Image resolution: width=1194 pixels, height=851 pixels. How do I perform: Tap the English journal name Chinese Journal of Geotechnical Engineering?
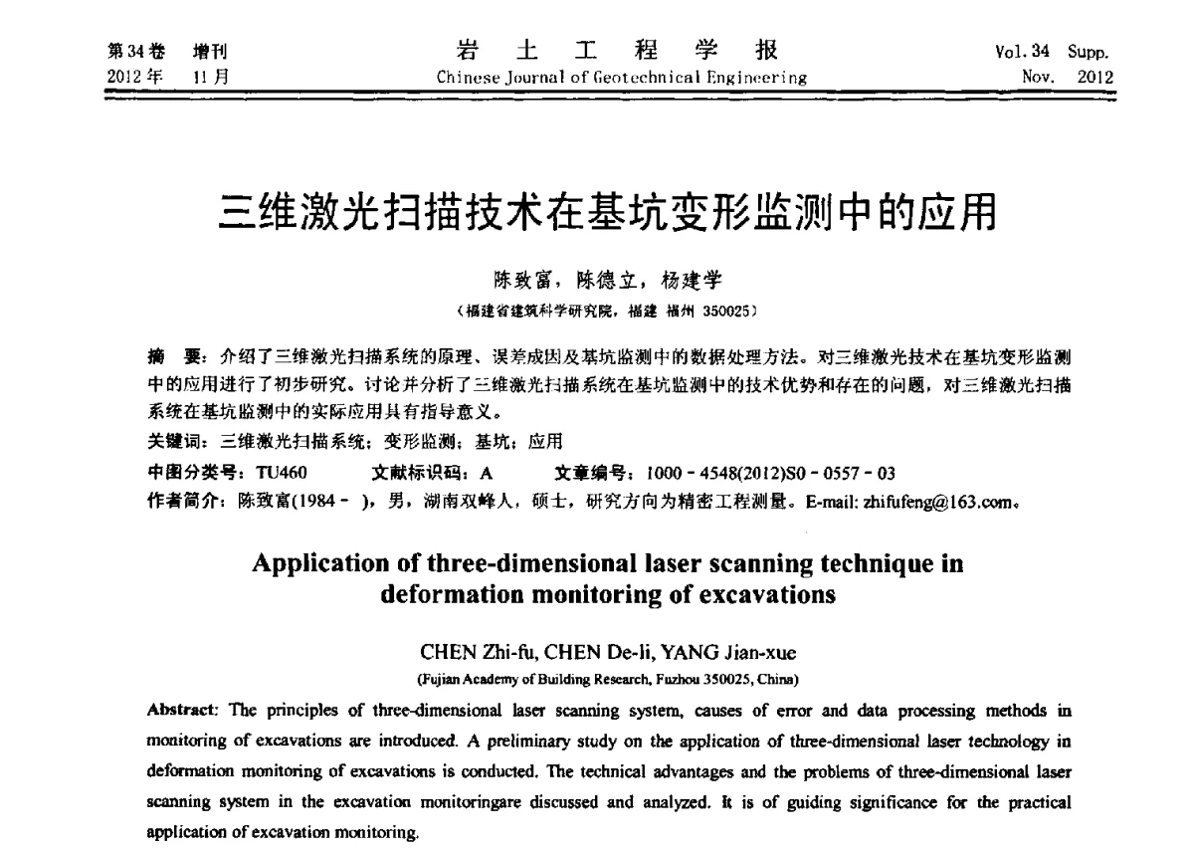point(622,78)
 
